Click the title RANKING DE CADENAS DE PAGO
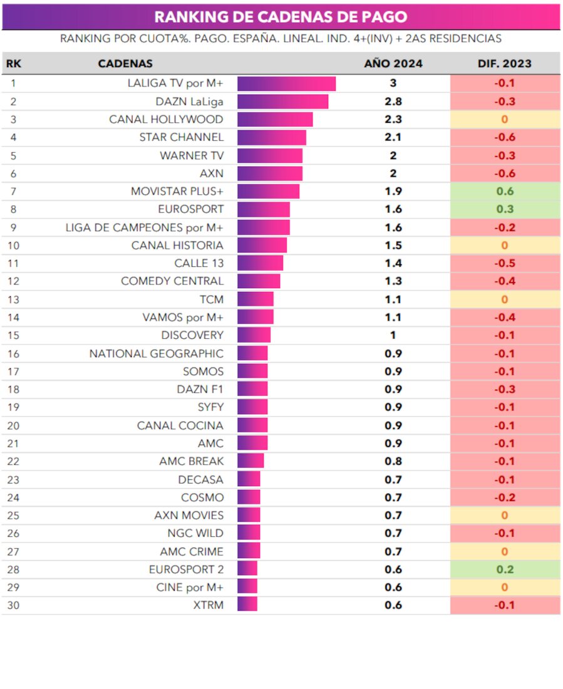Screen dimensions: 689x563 click(x=281, y=17)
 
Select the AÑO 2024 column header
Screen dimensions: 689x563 click(x=393, y=64)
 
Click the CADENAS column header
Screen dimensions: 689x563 click(x=125, y=64)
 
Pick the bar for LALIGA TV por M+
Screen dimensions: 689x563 click(x=286, y=83)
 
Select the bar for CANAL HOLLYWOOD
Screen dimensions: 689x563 click(x=274, y=120)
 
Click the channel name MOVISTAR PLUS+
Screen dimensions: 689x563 click(x=177, y=192)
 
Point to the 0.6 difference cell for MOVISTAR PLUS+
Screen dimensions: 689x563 click(x=504, y=192)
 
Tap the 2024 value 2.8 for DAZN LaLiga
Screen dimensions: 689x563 click(x=393, y=101)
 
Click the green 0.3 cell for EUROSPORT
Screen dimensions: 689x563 click(x=504, y=209)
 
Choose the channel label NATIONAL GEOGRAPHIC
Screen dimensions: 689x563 click(x=156, y=354)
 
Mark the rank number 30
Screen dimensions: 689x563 click(x=13, y=605)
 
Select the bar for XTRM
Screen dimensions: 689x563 click(x=247, y=605)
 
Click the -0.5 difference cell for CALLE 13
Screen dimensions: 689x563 click(x=504, y=264)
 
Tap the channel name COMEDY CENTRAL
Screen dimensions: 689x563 click(x=172, y=281)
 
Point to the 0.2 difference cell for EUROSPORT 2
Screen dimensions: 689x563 click(x=504, y=569)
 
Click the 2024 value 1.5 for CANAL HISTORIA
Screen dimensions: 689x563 click(x=393, y=246)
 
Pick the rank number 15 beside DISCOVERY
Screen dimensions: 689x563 click(x=13, y=335)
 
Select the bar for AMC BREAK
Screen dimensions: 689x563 click(x=251, y=462)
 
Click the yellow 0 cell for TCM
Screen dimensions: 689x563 click(x=504, y=300)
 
